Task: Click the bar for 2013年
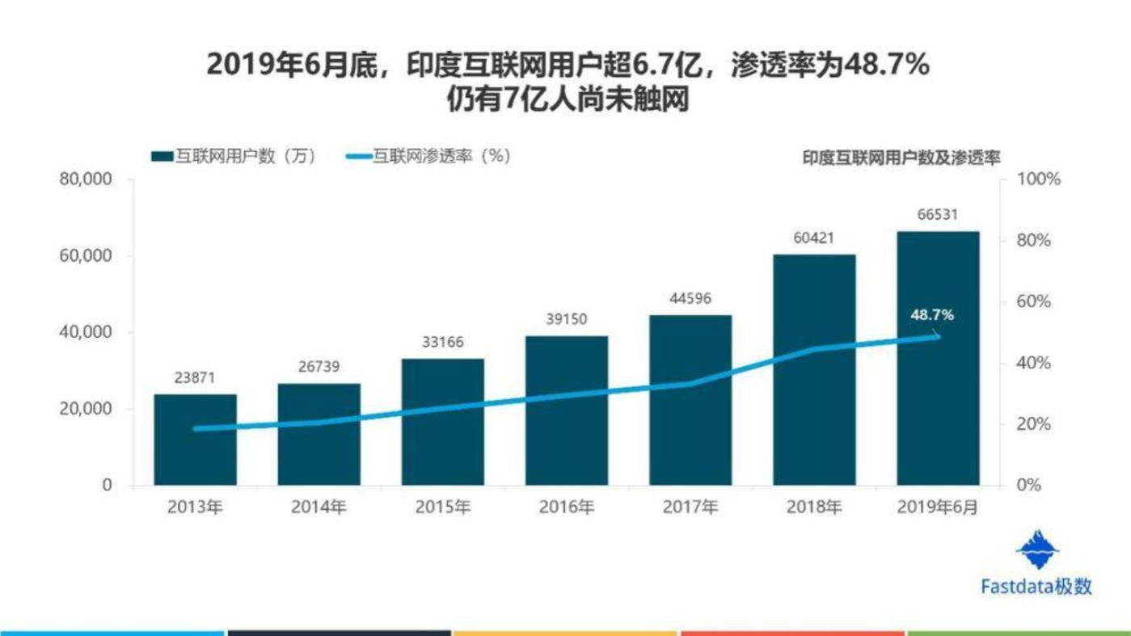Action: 195,440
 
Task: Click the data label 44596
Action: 690,299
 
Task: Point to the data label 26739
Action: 319,368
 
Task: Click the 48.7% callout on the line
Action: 931,314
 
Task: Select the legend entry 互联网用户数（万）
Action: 233,157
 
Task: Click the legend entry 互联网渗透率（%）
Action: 428,157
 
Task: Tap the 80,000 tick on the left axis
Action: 85,179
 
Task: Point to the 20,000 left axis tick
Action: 85,409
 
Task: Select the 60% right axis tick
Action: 1034,302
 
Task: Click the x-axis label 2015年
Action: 442,508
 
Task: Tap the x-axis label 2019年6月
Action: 938,508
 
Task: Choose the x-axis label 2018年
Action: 814,508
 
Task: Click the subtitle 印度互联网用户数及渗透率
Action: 901,158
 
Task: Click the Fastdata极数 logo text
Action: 1036,587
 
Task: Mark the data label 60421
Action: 814,238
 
